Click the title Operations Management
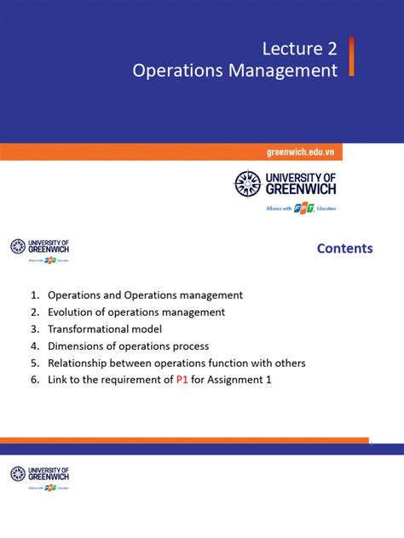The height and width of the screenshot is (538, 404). click(x=235, y=71)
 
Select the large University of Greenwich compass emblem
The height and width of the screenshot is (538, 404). click(x=247, y=184)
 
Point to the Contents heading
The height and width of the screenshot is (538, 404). click(x=344, y=249)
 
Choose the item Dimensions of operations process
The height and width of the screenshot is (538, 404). click(x=128, y=346)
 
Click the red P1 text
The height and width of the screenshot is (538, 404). click(x=182, y=380)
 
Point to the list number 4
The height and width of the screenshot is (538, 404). click(x=34, y=346)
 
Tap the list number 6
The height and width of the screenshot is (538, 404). click(x=34, y=380)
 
